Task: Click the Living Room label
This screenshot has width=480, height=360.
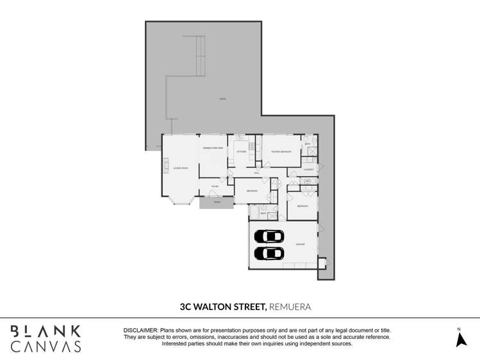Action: tap(180, 168)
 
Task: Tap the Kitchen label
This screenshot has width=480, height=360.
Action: tap(242, 152)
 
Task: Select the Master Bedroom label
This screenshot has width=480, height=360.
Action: tap(281, 152)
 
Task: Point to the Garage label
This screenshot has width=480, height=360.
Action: tap(300, 244)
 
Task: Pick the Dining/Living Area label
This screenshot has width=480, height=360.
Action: tap(213, 148)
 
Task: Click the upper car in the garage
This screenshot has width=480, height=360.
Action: tap(269, 236)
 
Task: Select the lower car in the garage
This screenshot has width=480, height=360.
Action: tap(269, 253)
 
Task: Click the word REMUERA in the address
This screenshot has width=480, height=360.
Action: tap(290, 307)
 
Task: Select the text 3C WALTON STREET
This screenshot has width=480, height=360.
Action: tap(224, 307)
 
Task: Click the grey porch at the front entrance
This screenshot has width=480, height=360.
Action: tap(216, 202)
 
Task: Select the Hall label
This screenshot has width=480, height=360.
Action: tap(256, 173)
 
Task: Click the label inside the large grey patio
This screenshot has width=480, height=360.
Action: tap(222, 99)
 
